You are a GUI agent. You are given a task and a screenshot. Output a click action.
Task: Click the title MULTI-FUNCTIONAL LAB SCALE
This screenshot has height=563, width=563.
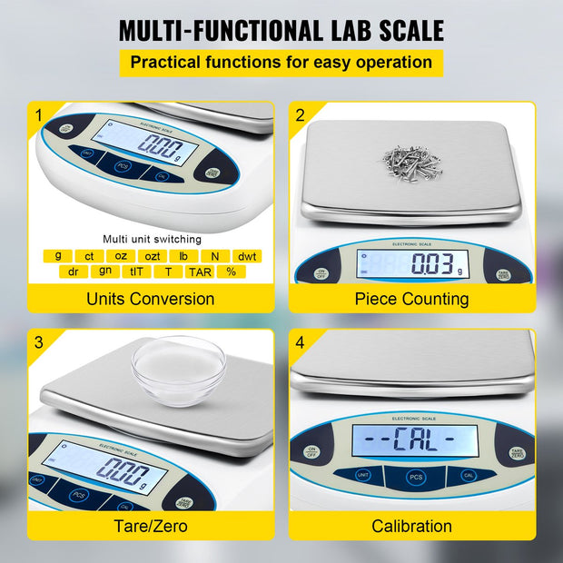281,29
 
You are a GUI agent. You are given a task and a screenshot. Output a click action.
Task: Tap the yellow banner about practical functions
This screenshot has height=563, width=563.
281,63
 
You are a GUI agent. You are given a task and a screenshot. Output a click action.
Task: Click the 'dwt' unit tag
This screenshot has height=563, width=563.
248,256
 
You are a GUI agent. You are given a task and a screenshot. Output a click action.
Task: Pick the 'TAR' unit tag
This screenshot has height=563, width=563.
200,271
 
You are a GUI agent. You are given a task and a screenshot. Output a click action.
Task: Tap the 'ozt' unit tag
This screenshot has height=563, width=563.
153,256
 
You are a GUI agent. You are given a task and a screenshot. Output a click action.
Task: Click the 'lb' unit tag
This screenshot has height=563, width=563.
183,256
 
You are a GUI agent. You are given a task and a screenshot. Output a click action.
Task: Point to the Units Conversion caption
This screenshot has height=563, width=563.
150,299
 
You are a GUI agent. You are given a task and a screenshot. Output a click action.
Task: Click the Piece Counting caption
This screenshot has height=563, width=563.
411,299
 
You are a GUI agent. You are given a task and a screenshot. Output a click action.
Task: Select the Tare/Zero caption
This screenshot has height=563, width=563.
150,525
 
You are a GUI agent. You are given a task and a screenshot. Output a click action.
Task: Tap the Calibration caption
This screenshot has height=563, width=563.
411,525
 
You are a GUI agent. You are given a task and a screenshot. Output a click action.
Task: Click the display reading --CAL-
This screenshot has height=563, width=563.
402,442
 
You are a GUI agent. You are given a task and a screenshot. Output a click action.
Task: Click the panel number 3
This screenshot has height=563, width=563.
39,342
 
